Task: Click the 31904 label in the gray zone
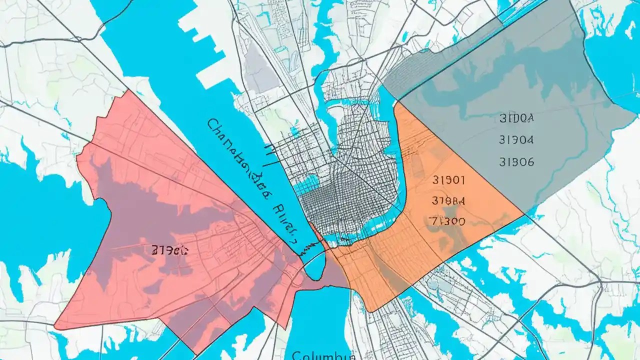516,140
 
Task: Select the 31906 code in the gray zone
516,162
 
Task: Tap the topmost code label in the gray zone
516,118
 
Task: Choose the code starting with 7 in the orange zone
447,220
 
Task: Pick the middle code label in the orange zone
447,200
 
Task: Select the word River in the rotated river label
282,215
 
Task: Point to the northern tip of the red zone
129,91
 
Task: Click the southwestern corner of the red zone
55,327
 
